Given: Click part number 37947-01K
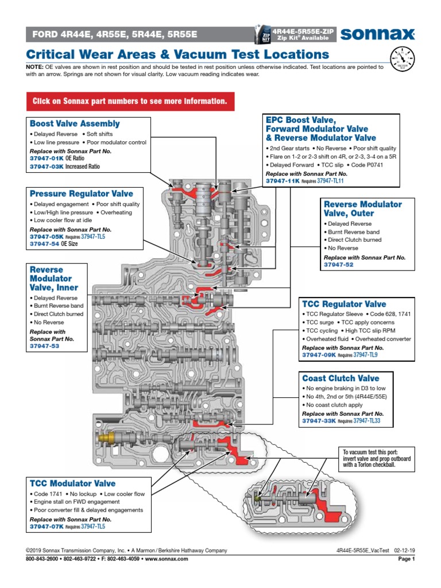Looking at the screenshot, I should click(47, 158).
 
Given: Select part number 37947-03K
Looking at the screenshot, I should click(47, 167).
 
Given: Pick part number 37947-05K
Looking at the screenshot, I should click(47, 236).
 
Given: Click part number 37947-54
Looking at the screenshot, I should click(44, 244).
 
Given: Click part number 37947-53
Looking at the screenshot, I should click(44, 346).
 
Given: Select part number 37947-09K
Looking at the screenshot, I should click(319, 355).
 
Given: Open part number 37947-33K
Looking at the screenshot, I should click(319, 421).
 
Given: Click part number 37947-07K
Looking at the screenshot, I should click(47, 526).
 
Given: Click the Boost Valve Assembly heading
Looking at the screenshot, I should click(75, 123).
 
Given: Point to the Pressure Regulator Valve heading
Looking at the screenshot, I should click(81, 194).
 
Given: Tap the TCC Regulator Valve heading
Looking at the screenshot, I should click(344, 304).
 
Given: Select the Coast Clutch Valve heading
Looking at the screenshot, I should click(341, 378).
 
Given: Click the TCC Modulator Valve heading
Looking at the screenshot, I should click(72, 483).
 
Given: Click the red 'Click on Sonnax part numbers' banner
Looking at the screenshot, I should click(129, 101).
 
